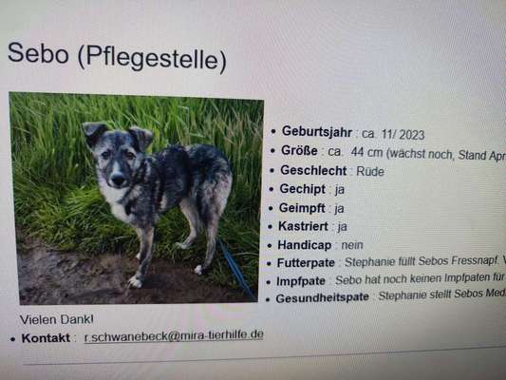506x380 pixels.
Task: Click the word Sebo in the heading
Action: pyautogui.click(x=37, y=54)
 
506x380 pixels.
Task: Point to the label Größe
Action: pyautogui.click(x=299, y=151)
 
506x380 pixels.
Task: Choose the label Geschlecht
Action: pyautogui.click(x=314, y=171)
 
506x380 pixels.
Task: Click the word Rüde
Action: pyautogui.click(x=369, y=172)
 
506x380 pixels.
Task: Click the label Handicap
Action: pyautogui.click(x=305, y=245)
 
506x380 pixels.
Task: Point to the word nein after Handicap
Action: pyautogui.click(x=350, y=245)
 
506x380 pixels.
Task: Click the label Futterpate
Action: pyautogui.click(x=309, y=263)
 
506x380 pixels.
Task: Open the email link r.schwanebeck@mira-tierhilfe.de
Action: pyautogui.click(x=174, y=336)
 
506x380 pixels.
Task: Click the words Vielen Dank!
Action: pyautogui.click(x=57, y=319)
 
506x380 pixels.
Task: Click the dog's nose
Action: pyautogui.click(x=116, y=180)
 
